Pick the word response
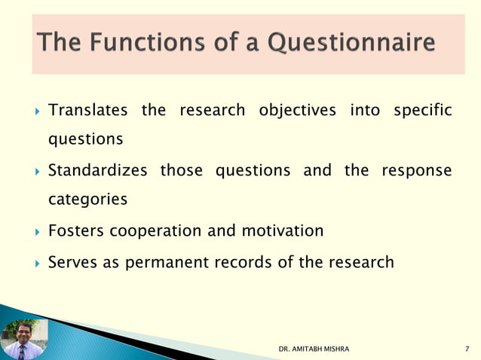click(x=417, y=170)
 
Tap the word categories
click(x=87, y=200)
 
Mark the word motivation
click(x=282, y=230)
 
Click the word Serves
click(x=72, y=262)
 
